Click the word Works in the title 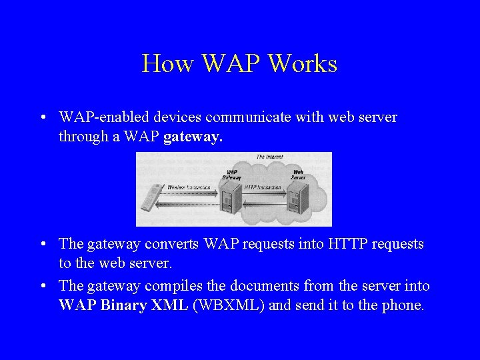302,64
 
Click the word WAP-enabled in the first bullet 97,118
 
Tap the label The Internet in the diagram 269,157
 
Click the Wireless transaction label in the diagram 189,187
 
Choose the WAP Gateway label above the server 231,175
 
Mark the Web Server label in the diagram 297,175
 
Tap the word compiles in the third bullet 172,287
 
